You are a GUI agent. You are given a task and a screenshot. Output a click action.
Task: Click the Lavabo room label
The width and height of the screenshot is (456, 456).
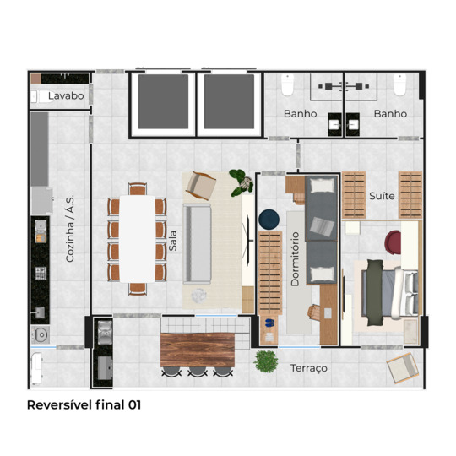66,95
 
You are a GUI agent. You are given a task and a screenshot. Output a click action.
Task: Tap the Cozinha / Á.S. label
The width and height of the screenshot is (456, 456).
70,229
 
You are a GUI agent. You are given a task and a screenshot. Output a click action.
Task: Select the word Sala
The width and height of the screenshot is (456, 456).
173,241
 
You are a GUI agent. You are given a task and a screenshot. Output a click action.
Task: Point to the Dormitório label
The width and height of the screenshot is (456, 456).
295,259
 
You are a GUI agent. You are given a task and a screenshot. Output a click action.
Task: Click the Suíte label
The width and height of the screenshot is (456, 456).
382,196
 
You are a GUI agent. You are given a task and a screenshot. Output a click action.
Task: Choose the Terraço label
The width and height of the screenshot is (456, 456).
309,368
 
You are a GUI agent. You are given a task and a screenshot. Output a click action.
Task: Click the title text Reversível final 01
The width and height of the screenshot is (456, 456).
84,404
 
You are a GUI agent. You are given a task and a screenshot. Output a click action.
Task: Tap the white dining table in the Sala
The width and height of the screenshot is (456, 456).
138,239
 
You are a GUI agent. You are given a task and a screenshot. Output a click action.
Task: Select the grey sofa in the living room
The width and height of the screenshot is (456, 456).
197,244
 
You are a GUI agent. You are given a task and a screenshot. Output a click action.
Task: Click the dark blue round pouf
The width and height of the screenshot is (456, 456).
269,219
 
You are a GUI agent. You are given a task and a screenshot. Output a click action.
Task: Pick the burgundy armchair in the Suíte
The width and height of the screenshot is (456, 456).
393,242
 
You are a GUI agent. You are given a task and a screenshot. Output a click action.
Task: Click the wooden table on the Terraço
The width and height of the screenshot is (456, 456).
198,350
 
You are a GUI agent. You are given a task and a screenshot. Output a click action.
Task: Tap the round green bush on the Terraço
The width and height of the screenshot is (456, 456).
265,361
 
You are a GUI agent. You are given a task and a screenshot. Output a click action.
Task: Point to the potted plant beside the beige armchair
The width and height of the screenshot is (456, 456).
241,182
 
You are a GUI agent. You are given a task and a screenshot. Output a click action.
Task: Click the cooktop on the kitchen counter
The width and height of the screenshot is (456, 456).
41,274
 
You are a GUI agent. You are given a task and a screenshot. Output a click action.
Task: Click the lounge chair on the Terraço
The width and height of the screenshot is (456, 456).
403,368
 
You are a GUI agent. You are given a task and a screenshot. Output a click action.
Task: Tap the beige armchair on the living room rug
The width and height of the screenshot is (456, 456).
201,186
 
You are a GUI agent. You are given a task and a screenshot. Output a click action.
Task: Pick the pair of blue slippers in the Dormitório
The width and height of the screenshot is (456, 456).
269,323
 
